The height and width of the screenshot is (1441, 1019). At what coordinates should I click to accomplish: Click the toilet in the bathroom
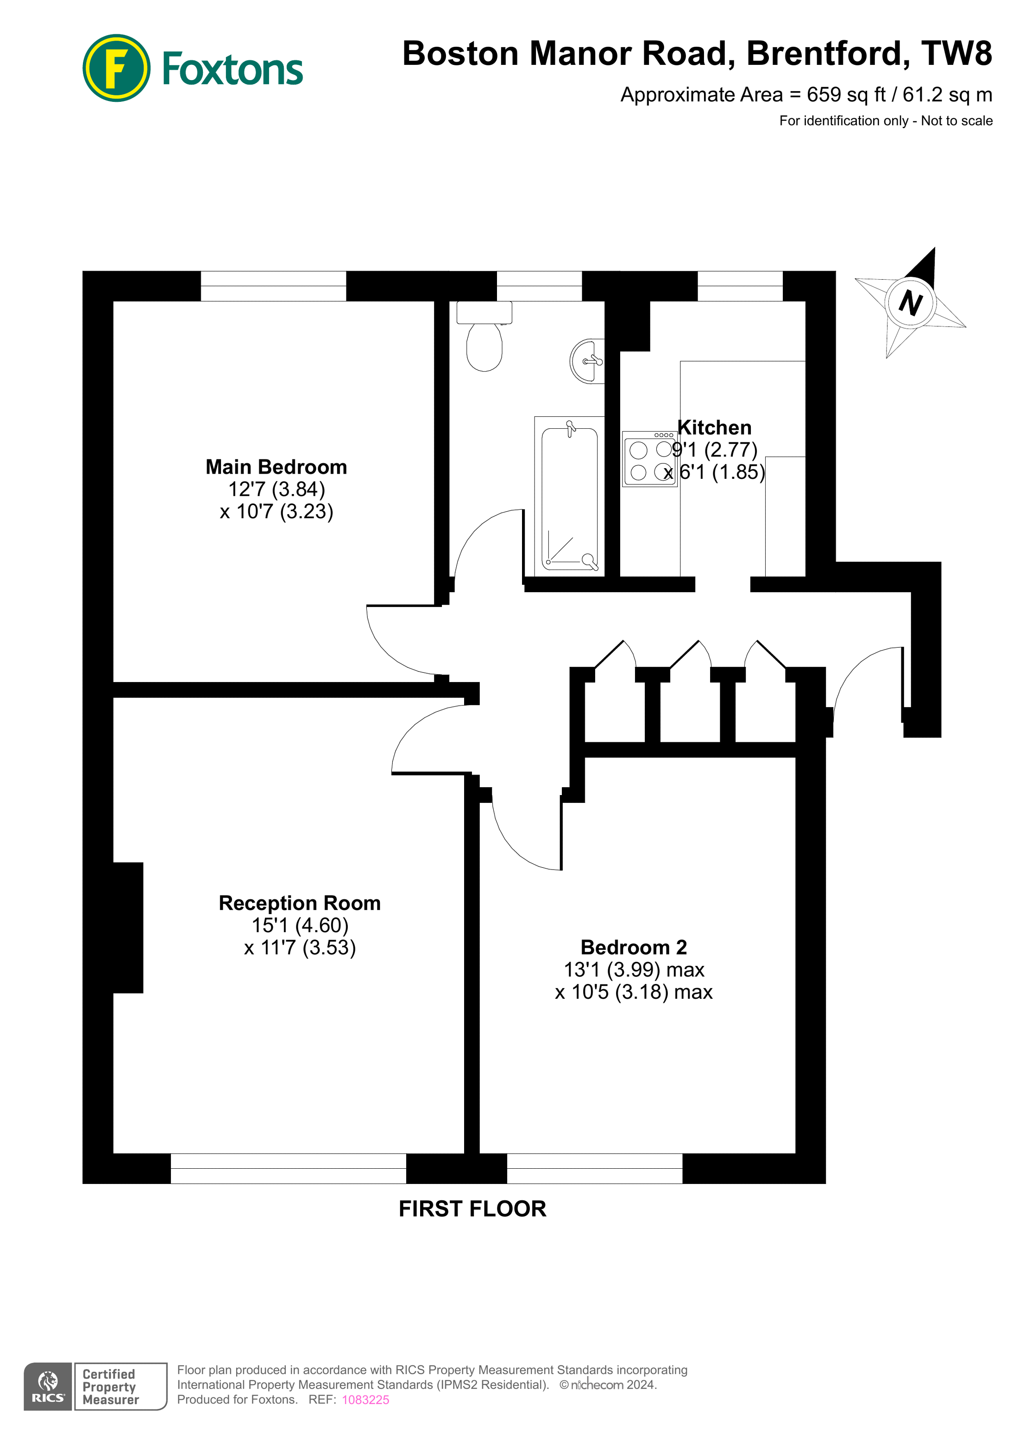(x=484, y=342)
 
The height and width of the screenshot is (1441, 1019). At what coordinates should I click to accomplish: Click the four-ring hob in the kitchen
(x=650, y=459)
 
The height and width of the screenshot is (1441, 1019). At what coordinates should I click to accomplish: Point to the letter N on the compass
(x=910, y=303)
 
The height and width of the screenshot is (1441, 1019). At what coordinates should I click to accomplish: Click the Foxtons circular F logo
(x=116, y=68)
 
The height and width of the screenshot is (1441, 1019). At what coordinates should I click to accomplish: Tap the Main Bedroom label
(x=276, y=467)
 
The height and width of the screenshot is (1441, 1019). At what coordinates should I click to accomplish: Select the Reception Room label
(x=300, y=903)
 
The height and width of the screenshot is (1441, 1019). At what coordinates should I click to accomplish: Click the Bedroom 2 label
(x=634, y=947)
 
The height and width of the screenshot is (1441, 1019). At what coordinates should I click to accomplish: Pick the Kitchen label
(x=715, y=427)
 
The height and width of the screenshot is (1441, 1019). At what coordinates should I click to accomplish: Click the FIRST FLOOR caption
(x=472, y=1209)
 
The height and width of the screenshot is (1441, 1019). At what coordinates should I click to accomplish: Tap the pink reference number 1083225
(x=365, y=1400)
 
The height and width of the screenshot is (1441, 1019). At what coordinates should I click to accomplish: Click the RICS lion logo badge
(x=48, y=1386)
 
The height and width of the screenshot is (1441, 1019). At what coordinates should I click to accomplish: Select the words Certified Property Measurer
(x=110, y=1386)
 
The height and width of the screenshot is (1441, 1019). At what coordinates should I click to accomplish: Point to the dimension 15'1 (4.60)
(x=300, y=925)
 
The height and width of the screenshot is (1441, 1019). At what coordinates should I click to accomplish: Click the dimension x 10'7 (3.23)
(x=276, y=512)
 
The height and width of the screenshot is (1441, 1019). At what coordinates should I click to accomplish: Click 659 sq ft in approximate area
(x=846, y=95)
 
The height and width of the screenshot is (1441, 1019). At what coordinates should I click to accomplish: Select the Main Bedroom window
(x=273, y=286)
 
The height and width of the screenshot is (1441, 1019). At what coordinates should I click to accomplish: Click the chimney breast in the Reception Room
(x=128, y=927)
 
